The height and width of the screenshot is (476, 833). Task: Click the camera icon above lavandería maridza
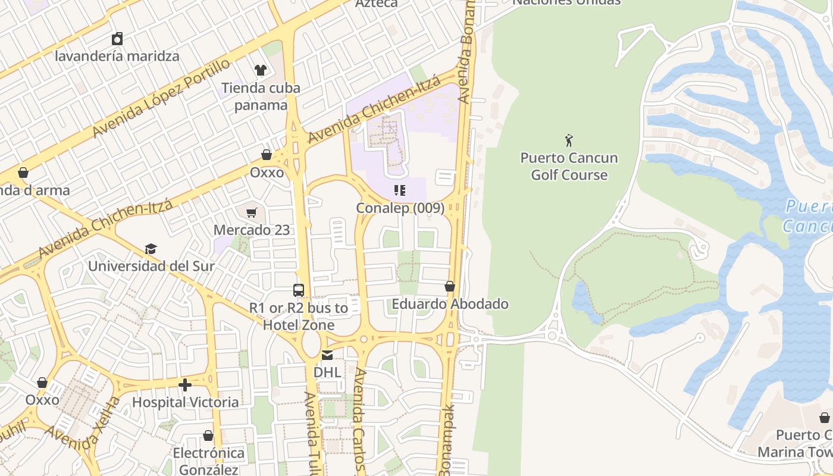pos(117,39)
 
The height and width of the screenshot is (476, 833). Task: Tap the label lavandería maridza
pos(117,57)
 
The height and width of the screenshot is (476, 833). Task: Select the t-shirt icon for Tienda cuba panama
pos(261,70)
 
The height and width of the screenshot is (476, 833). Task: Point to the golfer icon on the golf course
pos(569,141)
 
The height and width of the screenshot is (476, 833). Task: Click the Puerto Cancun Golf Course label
pos(569,167)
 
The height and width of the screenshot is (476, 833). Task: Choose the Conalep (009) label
pos(400,208)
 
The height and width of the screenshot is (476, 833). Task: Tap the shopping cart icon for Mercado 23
pos(252,212)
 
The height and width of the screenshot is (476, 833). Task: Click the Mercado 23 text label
pos(252,230)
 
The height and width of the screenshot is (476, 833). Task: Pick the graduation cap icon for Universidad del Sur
pos(151,249)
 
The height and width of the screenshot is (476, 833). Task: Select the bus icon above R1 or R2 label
pos(299,290)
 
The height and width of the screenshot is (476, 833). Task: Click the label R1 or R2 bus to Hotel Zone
pos(299,317)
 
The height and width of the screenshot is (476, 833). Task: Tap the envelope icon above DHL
pos(327,355)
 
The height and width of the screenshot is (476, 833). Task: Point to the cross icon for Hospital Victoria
pos(185,385)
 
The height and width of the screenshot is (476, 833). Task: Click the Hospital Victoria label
pos(185,402)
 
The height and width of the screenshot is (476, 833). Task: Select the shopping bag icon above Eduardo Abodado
pos(450,287)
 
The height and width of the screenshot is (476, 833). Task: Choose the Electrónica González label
pos(208,461)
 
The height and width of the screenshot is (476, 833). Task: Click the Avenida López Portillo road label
pos(161,98)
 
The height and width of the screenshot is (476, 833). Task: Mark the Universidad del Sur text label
pos(151,266)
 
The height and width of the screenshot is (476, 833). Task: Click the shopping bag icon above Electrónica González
pos(208,436)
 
